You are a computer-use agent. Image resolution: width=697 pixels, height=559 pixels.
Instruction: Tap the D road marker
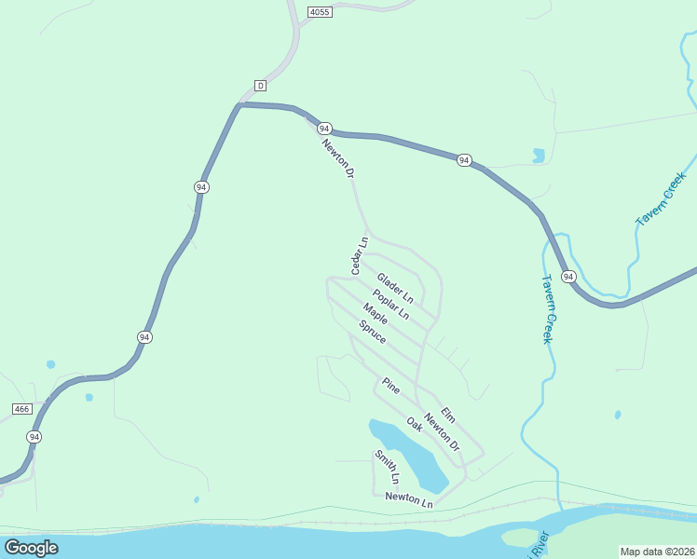[260, 86]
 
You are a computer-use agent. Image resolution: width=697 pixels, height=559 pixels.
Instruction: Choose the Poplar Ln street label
[390, 304]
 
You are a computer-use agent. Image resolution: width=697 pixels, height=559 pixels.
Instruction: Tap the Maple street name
[376, 314]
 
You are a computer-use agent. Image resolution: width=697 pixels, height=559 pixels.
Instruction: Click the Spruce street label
[372, 331]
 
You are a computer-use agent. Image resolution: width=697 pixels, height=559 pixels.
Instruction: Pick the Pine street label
[390, 386]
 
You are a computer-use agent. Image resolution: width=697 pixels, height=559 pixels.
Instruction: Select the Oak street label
[415, 424]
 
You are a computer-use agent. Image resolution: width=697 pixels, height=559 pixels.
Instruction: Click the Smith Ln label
[387, 467]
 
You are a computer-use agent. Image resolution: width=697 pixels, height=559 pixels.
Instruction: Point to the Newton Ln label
[409, 500]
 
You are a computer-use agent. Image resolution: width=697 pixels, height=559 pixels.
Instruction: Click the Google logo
[31, 548]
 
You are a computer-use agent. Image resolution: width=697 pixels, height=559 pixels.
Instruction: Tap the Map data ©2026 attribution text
[657, 552]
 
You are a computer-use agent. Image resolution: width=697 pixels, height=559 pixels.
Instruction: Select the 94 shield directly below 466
[34, 436]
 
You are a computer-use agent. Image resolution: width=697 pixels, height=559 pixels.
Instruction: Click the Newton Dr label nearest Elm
[442, 432]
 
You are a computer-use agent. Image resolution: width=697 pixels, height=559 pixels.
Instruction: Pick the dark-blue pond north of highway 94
[539, 156]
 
